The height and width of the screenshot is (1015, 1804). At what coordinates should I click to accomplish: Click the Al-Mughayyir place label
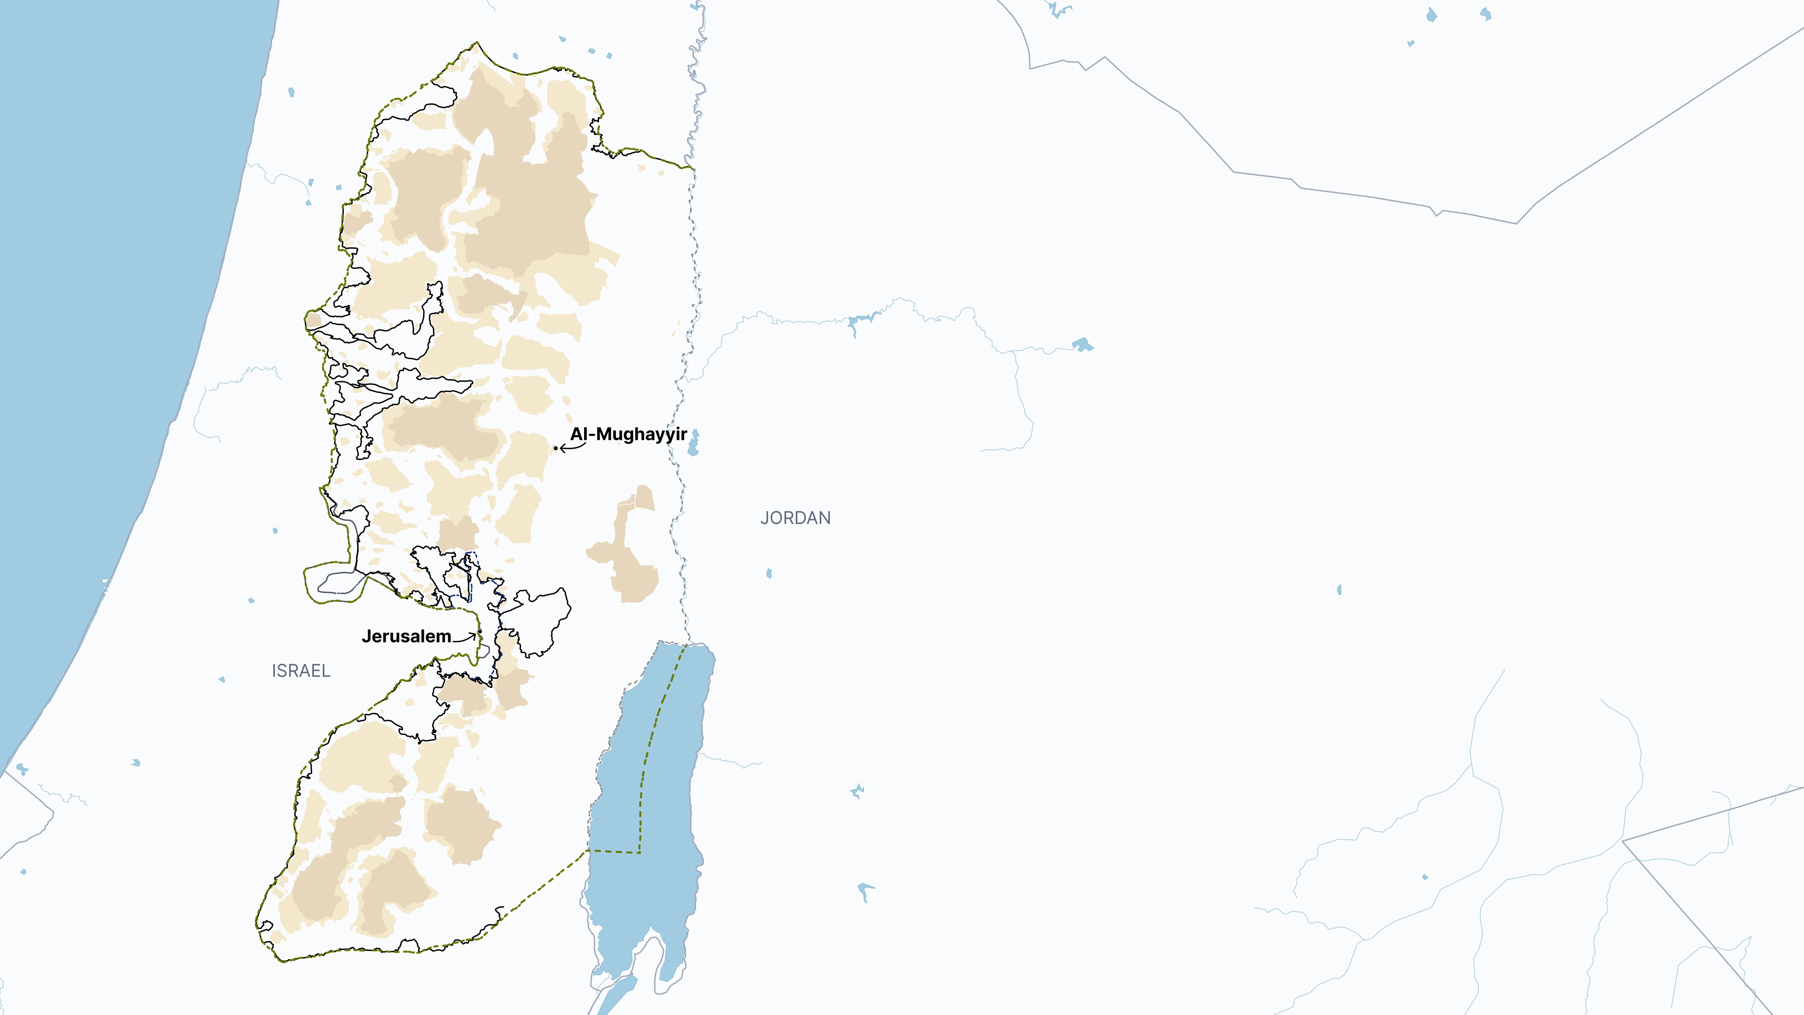pyautogui.click(x=628, y=434)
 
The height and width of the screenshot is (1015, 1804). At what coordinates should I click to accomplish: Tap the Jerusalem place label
pyautogui.click(x=406, y=636)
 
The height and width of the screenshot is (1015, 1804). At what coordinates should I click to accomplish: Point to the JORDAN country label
pyautogui.click(x=796, y=518)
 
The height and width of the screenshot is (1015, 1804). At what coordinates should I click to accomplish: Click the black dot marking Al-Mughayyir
pyautogui.click(x=555, y=448)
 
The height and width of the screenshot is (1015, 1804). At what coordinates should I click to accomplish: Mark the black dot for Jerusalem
pyautogui.click(x=480, y=632)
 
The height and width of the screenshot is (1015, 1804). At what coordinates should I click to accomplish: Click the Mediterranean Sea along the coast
pyautogui.click(x=105, y=280)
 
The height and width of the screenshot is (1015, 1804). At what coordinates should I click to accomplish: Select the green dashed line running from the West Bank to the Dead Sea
pyautogui.click(x=539, y=890)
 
